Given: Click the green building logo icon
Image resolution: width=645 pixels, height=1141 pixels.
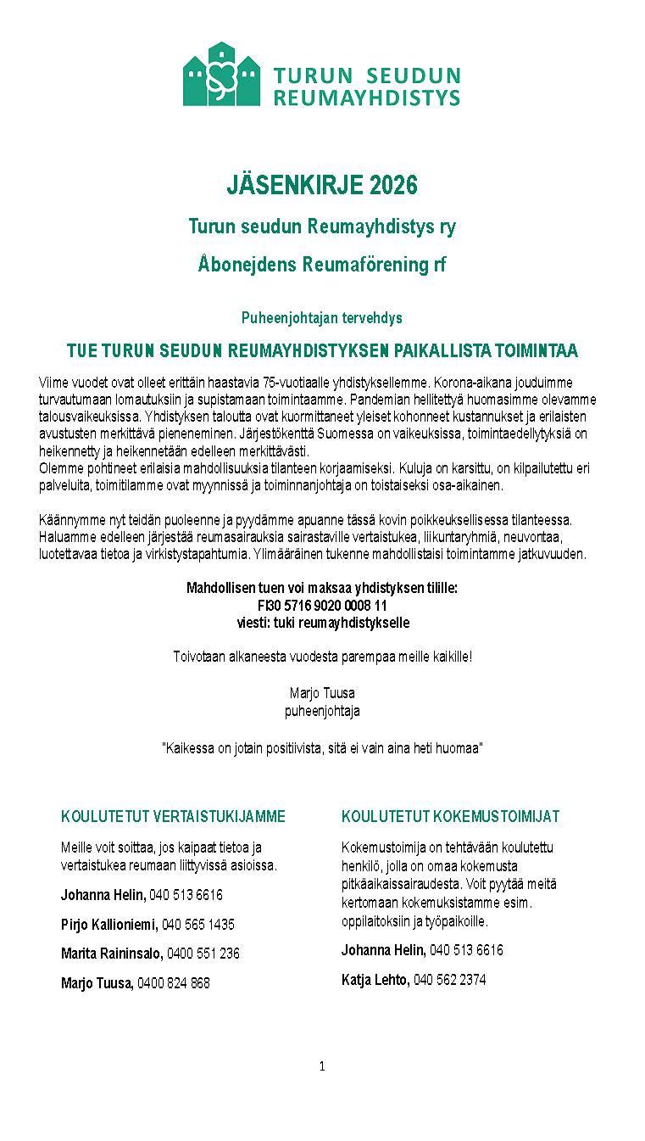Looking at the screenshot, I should [x=222, y=75].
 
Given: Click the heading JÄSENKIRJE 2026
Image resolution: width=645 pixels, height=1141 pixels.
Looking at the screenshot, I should [x=322, y=185].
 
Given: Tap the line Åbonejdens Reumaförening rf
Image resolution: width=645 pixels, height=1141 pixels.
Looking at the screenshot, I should [x=322, y=265].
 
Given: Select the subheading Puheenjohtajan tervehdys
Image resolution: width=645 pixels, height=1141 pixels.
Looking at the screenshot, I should [x=322, y=318].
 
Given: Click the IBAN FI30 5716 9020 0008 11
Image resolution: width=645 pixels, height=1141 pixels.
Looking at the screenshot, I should [x=322, y=606].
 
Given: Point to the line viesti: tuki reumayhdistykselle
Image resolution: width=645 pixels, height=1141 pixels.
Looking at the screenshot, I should [x=322, y=623].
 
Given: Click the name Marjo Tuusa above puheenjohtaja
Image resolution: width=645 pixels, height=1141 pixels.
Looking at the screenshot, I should [x=322, y=693].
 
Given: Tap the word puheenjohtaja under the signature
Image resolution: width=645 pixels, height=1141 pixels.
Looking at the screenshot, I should [x=322, y=711].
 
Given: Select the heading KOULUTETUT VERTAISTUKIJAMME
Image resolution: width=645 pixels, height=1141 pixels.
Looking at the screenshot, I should [x=173, y=817].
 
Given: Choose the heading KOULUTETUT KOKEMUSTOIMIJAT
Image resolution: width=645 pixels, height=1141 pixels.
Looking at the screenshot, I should [x=450, y=817].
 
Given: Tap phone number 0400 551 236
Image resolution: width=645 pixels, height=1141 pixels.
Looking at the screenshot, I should [x=203, y=954].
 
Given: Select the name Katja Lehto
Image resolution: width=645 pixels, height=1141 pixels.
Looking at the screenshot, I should [x=375, y=980].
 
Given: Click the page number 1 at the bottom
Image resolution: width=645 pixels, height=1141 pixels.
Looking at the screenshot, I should [x=322, y=1066].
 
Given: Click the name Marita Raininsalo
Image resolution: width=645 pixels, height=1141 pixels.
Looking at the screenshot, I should [x=111, y=954].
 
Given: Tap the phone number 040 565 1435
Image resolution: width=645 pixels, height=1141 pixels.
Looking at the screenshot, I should [x=198, y=924].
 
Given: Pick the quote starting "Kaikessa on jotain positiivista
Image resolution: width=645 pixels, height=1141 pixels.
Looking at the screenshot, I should [x=322, y=748].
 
